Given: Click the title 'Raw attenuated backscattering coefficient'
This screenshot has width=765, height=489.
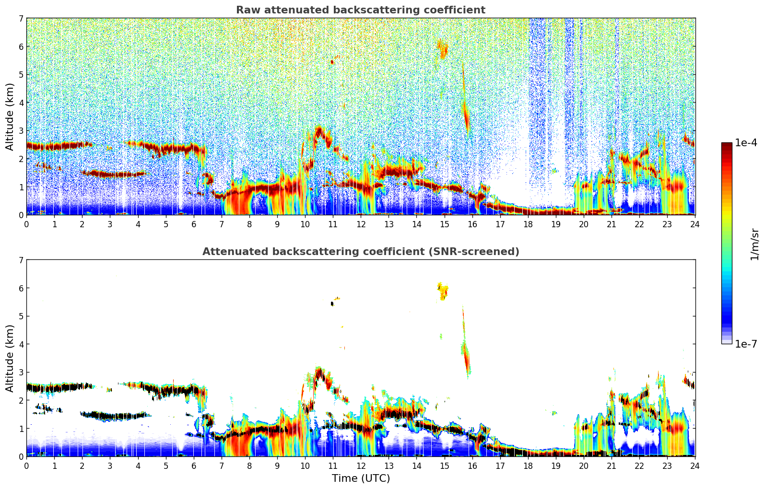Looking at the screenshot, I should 360,10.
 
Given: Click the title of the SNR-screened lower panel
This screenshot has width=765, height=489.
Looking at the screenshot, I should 360,252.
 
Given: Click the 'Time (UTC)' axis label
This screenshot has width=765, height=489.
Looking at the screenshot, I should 361,478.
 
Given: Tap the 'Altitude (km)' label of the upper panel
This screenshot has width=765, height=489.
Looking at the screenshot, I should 10,116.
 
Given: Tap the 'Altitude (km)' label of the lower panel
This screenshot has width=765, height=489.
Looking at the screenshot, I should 10,358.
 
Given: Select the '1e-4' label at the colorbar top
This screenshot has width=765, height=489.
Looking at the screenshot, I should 746,143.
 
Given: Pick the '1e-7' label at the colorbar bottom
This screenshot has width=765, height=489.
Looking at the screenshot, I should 746,344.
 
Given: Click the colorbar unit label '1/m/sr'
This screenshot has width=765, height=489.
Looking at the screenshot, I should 754,244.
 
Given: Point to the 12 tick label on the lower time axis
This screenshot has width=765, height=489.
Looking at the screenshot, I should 361,466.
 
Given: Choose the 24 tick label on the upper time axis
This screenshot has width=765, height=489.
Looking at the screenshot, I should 695,224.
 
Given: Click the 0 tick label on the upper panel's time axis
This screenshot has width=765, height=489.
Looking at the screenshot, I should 26,224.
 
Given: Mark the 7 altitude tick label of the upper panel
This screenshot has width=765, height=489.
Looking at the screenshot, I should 21,19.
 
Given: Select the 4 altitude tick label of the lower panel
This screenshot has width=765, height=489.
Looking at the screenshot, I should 21,344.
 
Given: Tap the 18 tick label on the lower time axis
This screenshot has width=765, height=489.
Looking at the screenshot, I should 528,466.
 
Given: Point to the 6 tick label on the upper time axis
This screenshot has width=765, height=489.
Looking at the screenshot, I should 194,224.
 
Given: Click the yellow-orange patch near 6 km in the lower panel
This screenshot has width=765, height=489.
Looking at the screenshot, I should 443,291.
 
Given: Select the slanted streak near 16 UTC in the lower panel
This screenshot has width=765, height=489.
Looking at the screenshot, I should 466,355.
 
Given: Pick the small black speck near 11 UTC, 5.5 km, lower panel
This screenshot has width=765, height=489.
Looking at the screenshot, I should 332,303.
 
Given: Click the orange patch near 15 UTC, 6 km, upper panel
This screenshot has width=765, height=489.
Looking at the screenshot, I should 443,49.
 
